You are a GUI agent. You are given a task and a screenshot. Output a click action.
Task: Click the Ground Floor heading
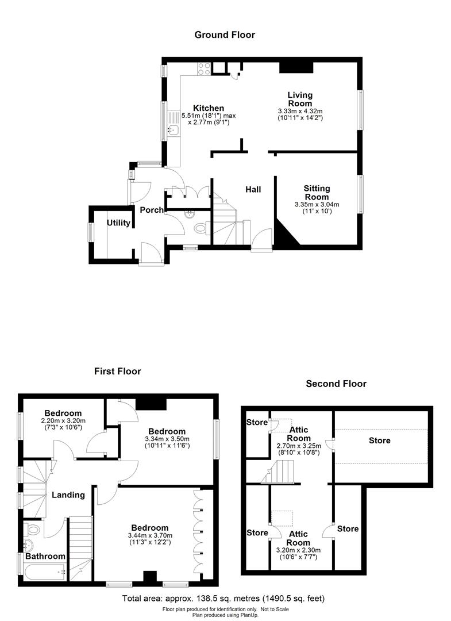pyautogui.click(x=225, y=35)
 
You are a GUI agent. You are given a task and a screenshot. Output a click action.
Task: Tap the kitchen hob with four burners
pyautogui.click(x=204, y=68)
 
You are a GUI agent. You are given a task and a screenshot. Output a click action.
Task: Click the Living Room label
pyautogui.click(x=300, y=99)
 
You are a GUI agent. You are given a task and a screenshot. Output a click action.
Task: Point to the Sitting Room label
pyautogui.click(x=317, y=193)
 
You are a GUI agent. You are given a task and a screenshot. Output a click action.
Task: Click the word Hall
pyautogui.click(x=253, y=190)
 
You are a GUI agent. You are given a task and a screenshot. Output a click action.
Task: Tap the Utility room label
pyautogui.click(x=119, y=223)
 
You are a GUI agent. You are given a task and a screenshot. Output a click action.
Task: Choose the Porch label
pyautogui.click(x=152, y=210)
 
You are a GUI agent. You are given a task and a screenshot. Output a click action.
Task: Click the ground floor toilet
pyautogui.click(x=201, y=228)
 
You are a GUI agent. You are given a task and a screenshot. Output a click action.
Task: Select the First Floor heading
pyautogui.click(x=118, y=371)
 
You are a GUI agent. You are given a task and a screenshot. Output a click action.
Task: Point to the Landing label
pyautogui.click(x=68, y=494)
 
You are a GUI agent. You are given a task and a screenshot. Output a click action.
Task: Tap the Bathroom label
pyautogui.click(x=45, y=556)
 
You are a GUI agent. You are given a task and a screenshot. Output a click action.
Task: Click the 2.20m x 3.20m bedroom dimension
pyautogui.click(x=63, y=420)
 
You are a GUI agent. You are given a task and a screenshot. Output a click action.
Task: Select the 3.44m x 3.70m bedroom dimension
pyautogui.click(x=150, y=535)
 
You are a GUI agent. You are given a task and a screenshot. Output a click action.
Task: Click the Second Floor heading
pyautogui.click(x=336, y=384)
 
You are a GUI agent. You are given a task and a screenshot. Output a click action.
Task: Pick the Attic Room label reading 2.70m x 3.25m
pyautogui.click(x=299, y=434)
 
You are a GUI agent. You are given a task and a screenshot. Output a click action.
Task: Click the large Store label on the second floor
pyautogui.click(x=379, y=440)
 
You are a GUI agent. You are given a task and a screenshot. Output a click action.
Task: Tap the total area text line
pyautogui.click(x=223, y=599)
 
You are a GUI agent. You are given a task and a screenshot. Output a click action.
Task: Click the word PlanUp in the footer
pyautogui.click(x=250, y=615)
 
